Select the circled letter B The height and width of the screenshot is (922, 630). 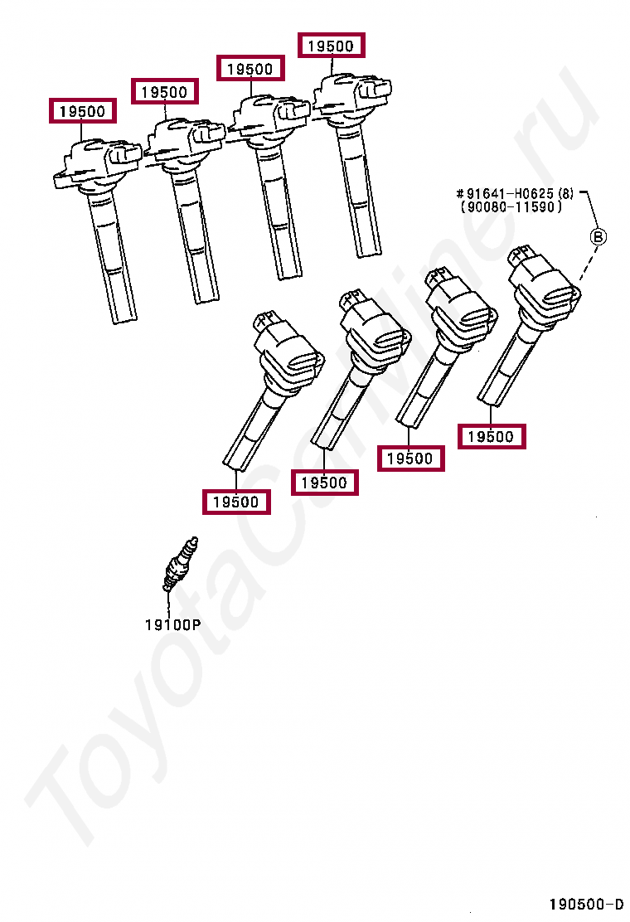(597, 237)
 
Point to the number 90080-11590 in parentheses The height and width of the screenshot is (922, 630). (511, 208)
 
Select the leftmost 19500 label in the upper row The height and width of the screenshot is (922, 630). (82, 111)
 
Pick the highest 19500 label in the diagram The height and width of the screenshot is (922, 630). (331, 46)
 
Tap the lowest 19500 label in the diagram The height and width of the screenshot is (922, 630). (237, 502)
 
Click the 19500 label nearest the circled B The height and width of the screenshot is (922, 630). (492, 437)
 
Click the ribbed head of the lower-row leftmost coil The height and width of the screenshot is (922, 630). (291, 357)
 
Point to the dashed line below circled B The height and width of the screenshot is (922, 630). (588, 266)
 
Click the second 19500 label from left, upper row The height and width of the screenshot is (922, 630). (164, 91)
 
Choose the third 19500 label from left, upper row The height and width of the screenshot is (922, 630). (250, 69)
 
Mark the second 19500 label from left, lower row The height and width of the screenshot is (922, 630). (324, 483)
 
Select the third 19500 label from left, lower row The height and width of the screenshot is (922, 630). (410, 459)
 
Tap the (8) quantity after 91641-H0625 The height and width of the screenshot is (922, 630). (565, 194)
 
